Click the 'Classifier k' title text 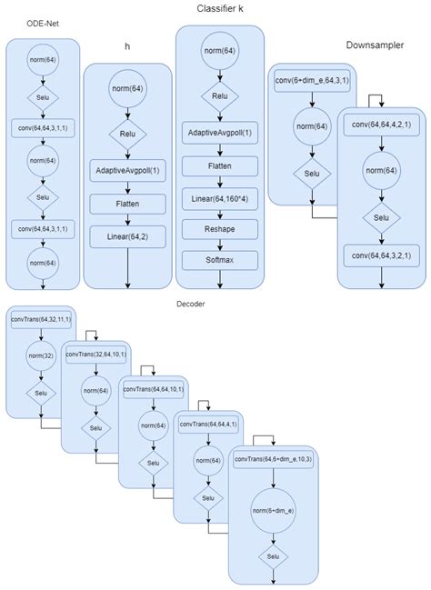[220, 8]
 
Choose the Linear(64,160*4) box [219, 197]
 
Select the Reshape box [219, 230]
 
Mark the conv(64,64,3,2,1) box [379, 256]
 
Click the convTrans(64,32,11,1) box [42, 320]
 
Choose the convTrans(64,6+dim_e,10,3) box [273, 459]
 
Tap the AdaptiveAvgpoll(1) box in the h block [128, 170]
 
